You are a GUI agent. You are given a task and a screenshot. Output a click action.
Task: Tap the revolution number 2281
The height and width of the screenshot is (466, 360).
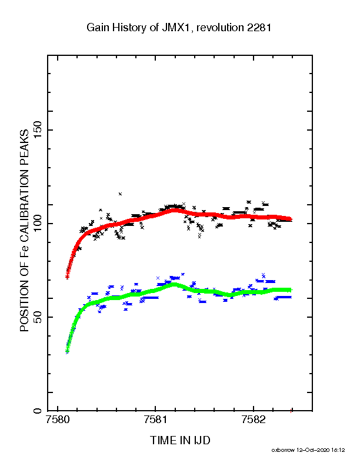(x=259, y=28)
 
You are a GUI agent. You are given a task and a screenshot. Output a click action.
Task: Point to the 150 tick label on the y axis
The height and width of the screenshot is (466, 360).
(x=38, y=130)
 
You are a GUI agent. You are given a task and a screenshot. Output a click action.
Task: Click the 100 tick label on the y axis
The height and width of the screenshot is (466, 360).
(x=38, y=224)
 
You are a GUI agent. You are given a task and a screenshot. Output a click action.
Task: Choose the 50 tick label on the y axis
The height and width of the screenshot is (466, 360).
(x=38, y=317)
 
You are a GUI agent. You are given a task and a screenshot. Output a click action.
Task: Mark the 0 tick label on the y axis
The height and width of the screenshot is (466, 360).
(x=38, y=411)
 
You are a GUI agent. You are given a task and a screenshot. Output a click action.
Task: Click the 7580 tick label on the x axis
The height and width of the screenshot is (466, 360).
(x=58, y=420)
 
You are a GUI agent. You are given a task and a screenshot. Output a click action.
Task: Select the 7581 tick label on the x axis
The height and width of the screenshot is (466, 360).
(x=155, y=420)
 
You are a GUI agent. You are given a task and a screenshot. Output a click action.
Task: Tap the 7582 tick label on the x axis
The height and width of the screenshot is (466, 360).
(x=253, y=420)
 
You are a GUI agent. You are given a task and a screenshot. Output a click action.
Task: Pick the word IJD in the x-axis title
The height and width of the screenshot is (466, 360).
(x=202, y=441)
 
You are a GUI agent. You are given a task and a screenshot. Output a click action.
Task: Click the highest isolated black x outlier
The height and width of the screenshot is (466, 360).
(x=120, y=194)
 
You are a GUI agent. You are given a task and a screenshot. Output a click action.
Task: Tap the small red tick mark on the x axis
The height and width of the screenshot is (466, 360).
(x=291, y=411)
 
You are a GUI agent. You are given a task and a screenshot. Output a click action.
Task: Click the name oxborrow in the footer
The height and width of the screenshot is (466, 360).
(x=283, y=450)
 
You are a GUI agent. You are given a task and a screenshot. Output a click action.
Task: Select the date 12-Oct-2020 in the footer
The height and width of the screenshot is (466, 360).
(x=313, y=450)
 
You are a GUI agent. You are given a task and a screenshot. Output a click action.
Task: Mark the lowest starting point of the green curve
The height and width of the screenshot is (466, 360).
(x=67, y=352)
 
